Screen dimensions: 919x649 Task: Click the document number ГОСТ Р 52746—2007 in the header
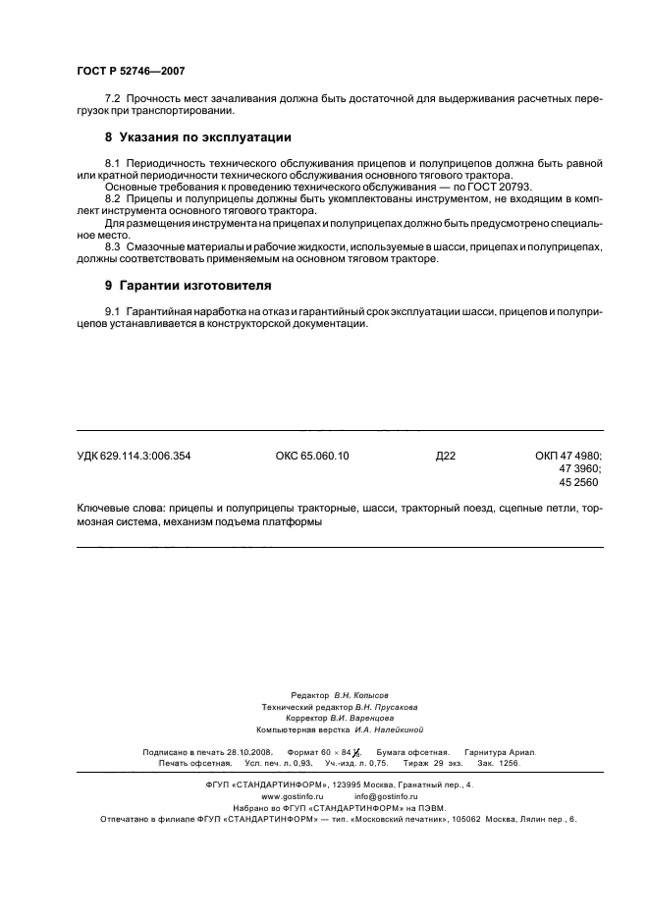[x=130, y=72]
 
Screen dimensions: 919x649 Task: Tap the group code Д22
[x=446, y=456]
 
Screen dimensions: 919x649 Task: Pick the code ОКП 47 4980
[x=568, y=456]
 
